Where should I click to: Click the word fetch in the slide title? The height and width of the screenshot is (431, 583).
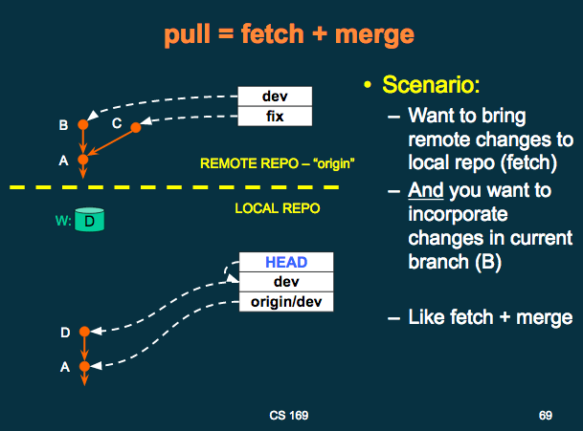click(273, 33)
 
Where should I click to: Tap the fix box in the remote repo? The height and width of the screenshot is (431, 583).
click(275, 117)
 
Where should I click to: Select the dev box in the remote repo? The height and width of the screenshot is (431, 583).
click(275, 97)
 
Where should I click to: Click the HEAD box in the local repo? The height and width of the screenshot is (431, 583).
click(286, 262)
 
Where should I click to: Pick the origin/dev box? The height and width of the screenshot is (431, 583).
click(286, 301)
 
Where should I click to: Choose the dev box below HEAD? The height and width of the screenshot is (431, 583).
click(286, 282)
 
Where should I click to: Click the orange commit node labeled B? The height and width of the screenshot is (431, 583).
click(83, 124)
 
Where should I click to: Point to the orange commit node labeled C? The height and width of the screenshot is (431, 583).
click(136, 127)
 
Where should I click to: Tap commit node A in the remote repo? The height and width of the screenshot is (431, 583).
click(83, 160)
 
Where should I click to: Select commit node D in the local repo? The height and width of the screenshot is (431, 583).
click(85, 332)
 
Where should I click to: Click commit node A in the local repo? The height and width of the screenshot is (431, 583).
click(85, 366)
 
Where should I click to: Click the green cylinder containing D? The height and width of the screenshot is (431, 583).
click(90, 220)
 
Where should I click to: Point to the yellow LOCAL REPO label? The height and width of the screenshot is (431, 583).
click(278, 208)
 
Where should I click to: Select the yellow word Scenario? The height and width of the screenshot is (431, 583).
click(431, 85)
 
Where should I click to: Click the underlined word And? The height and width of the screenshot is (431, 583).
click(426, 190)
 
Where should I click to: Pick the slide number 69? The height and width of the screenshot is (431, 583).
click(546, 416)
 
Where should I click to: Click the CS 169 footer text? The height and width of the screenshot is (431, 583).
click(289, 416)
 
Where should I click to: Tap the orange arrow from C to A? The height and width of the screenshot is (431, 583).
click(111, 141)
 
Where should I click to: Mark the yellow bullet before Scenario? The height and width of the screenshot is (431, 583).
click(368, 85)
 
